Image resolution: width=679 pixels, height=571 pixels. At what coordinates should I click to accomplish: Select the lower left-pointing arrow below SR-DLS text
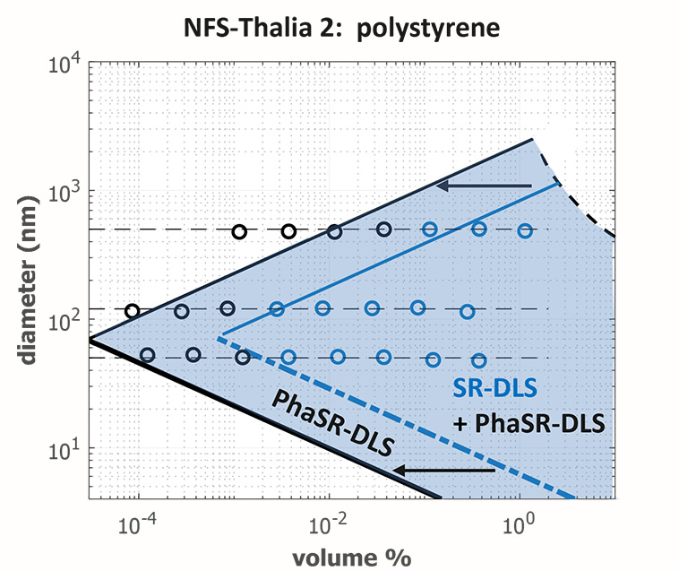click(446, 468)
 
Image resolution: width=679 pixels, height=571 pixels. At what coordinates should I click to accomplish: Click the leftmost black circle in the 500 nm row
click(239, 231)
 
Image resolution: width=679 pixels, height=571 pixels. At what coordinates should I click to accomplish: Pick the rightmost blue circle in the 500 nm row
click(525, 230)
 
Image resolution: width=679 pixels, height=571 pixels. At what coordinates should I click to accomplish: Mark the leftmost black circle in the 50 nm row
click(148, 355)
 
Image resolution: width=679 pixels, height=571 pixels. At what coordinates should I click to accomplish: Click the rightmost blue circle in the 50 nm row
click(479, 359)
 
